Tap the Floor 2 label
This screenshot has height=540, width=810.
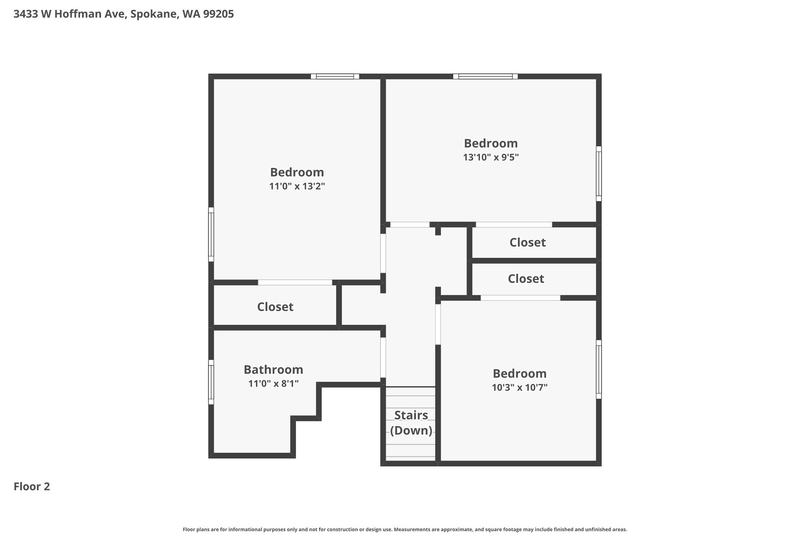coord(32,487)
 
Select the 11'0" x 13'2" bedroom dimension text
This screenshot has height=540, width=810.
coord(297,186)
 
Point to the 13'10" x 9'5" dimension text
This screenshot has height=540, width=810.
coord(491,157)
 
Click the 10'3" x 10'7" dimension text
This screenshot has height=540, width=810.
coord(520,387)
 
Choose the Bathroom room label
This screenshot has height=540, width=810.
coord(273,369)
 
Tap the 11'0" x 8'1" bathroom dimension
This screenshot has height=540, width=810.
coord(273,383)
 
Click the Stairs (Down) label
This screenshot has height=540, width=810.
coord(411,423)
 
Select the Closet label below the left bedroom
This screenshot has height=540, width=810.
coord(275,307)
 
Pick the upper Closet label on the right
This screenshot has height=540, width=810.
coord(528,243)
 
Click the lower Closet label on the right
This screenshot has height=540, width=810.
coord(526,279)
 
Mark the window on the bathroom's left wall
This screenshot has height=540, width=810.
coord(211,382)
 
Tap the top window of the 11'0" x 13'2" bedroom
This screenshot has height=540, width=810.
coord(335,76)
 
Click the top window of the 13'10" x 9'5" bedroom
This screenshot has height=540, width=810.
coord(485,76)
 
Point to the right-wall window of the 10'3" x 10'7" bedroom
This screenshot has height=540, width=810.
coord(599,369)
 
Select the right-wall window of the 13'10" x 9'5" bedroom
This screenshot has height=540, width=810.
coord(599,174)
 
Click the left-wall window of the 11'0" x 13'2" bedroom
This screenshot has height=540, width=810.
coord(211,235)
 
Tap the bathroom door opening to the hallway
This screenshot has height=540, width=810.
coord(383,358)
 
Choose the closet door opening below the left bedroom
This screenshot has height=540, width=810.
coord(295,282)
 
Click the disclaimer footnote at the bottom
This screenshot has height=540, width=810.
coord(405,529)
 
